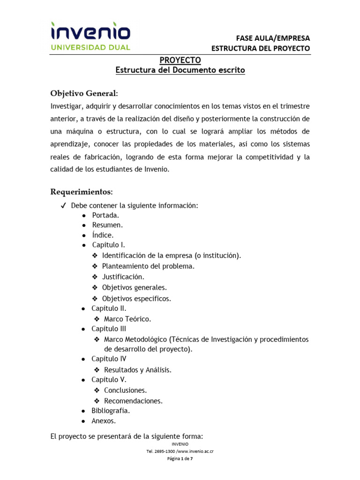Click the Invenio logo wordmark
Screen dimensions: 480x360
tap(90, 31)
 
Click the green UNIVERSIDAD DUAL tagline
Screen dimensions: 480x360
tap(90, 47)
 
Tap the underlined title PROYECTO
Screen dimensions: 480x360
tap(180, 60)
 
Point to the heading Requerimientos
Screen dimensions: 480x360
tap(81, 192)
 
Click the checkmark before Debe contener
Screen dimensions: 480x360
tap(63, 206)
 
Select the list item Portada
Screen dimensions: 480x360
tap(105, 215)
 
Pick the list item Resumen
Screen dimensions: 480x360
tap(107, 225)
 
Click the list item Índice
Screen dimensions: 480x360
tap(103, 235)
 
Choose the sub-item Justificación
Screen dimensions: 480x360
tap(123, 277)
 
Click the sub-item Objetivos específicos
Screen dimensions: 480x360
tap(136, 298)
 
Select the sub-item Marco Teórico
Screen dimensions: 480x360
tap(127, 319)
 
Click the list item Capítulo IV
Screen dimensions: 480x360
tap(109, 359)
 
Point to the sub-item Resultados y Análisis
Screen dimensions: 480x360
tap(138, 369)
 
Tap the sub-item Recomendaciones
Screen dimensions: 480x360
tap(133, 400)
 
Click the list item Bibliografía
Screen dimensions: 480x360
tap(111, 411)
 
